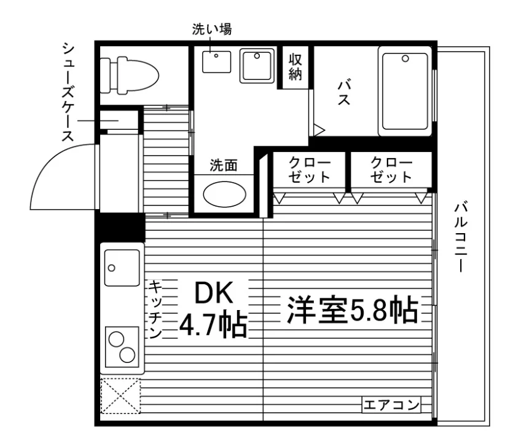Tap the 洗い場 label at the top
tap(212, 29)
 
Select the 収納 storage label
tap(295, 67)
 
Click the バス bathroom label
tap(344, 92)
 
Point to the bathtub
tap(405, 91)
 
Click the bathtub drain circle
tap(405, 58)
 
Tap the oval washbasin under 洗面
tap(224, 194)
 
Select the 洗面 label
tap(224, 165)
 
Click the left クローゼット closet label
tap(310, 170)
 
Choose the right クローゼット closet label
tap(391, 170)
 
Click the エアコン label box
tap(391, 404)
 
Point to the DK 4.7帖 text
tap(213, 309)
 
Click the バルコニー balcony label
tap(461, 237)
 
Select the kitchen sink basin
tap(122, 268)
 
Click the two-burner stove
tap(122, 347)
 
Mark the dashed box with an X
tap(120, 396)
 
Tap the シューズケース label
tap(68, 92)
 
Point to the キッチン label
tap(155, 309)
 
